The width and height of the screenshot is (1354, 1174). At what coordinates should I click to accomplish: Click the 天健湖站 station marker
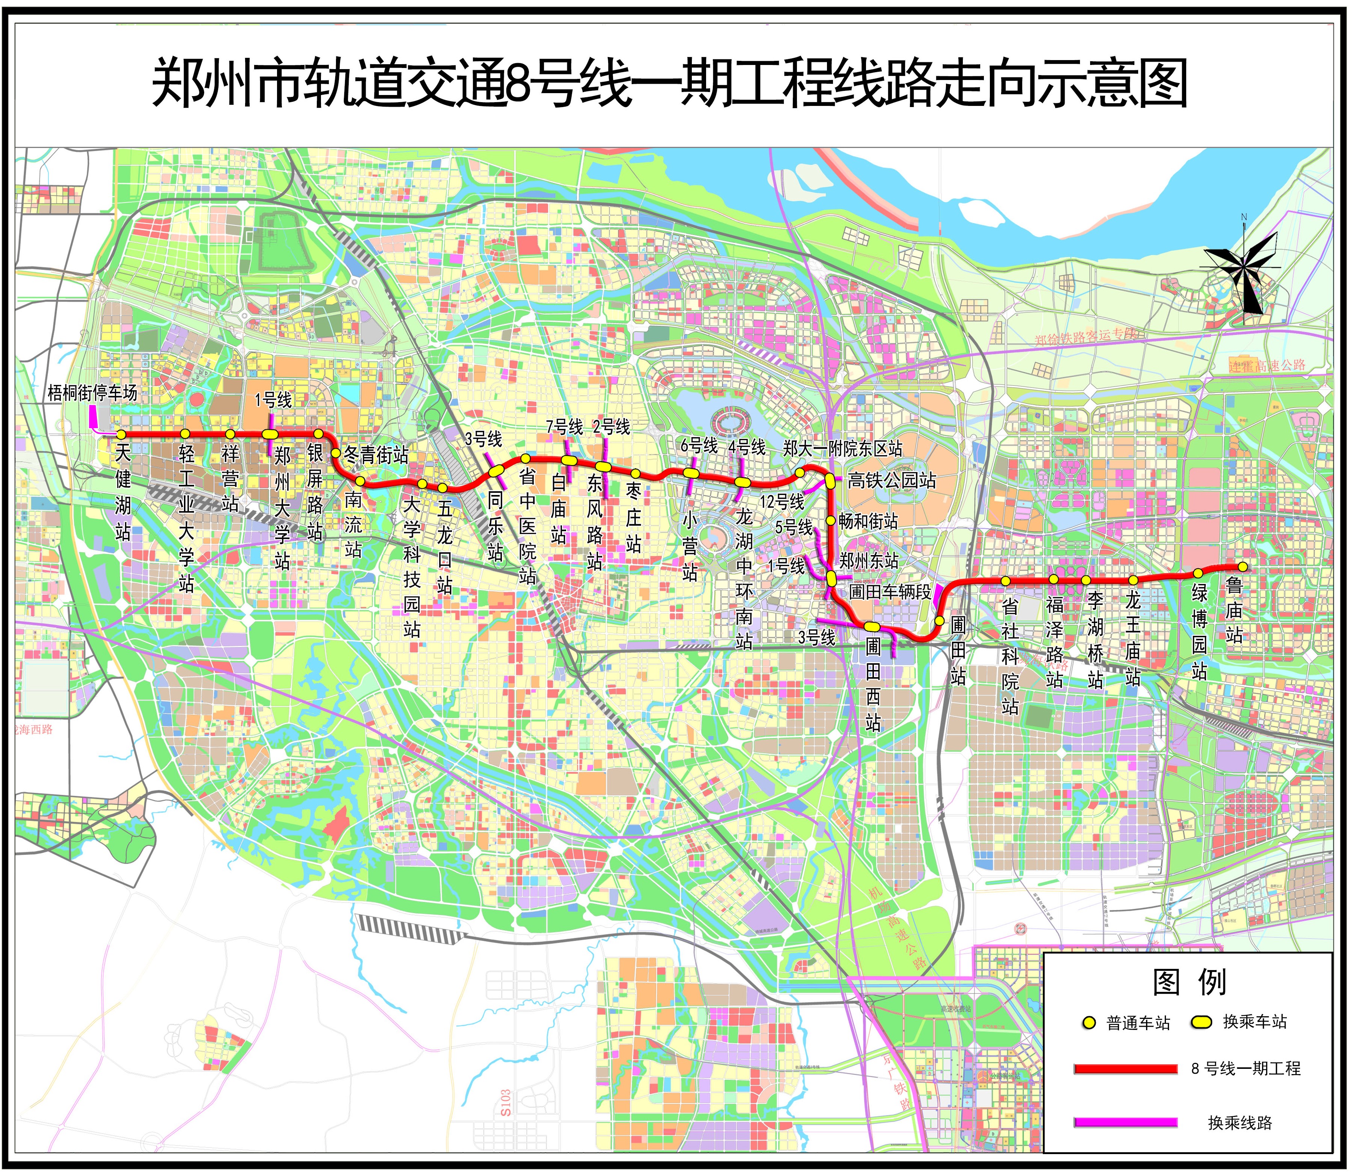click(121, 435)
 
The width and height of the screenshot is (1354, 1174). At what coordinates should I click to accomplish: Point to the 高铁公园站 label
click(892, 480)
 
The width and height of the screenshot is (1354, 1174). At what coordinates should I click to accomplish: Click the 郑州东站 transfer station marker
click(831, 578)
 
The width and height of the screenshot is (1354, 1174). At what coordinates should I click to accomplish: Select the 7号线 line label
click(564, 427)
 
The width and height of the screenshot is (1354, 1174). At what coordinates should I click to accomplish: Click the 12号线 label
click(782, 502)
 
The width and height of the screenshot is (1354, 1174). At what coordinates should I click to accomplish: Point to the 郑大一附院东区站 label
click(843, 449)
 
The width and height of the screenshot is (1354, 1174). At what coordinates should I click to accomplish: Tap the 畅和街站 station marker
click(830, 521)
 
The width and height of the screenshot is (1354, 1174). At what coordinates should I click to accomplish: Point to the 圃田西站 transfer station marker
click(872, 626)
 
